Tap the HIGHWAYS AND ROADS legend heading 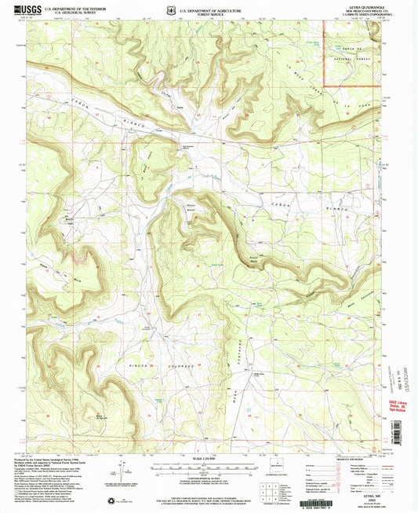369,460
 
